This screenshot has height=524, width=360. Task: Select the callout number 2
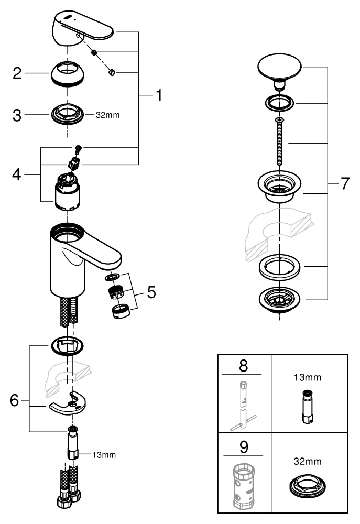[17, 73]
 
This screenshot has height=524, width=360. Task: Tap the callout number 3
[17, 115]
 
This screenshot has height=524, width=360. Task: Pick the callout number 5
[151, 292]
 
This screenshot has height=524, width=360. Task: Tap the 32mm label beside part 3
[107, 115]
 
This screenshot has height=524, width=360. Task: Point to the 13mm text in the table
[308, 376]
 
